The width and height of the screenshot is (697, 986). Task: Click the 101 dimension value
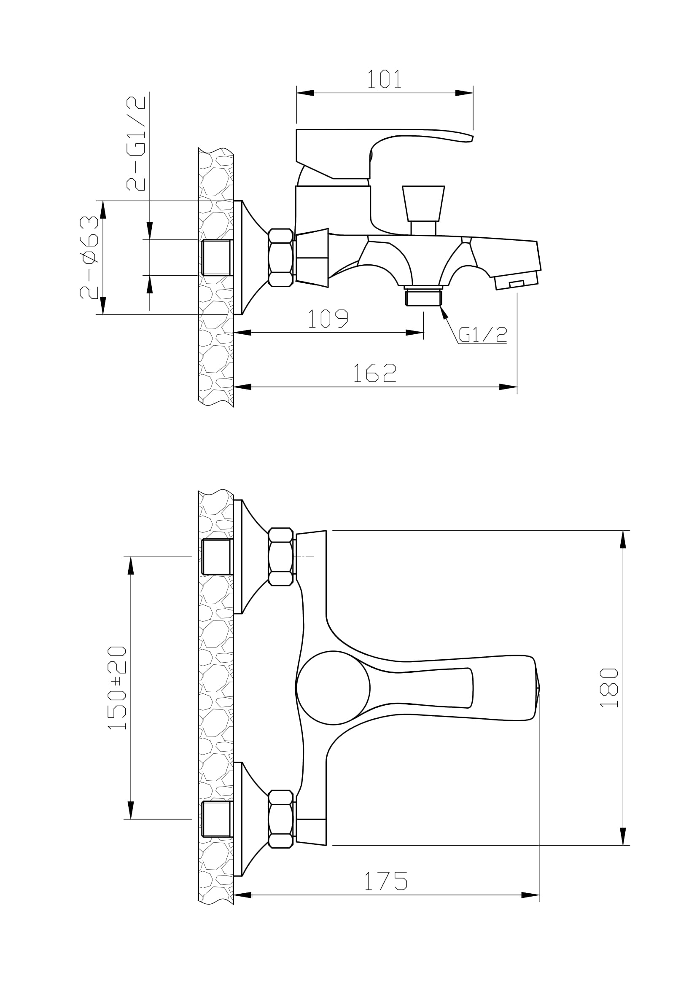click(384, 79)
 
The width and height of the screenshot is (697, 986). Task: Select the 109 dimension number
click(328, 318)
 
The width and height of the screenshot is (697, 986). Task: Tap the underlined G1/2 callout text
click(483, 335)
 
